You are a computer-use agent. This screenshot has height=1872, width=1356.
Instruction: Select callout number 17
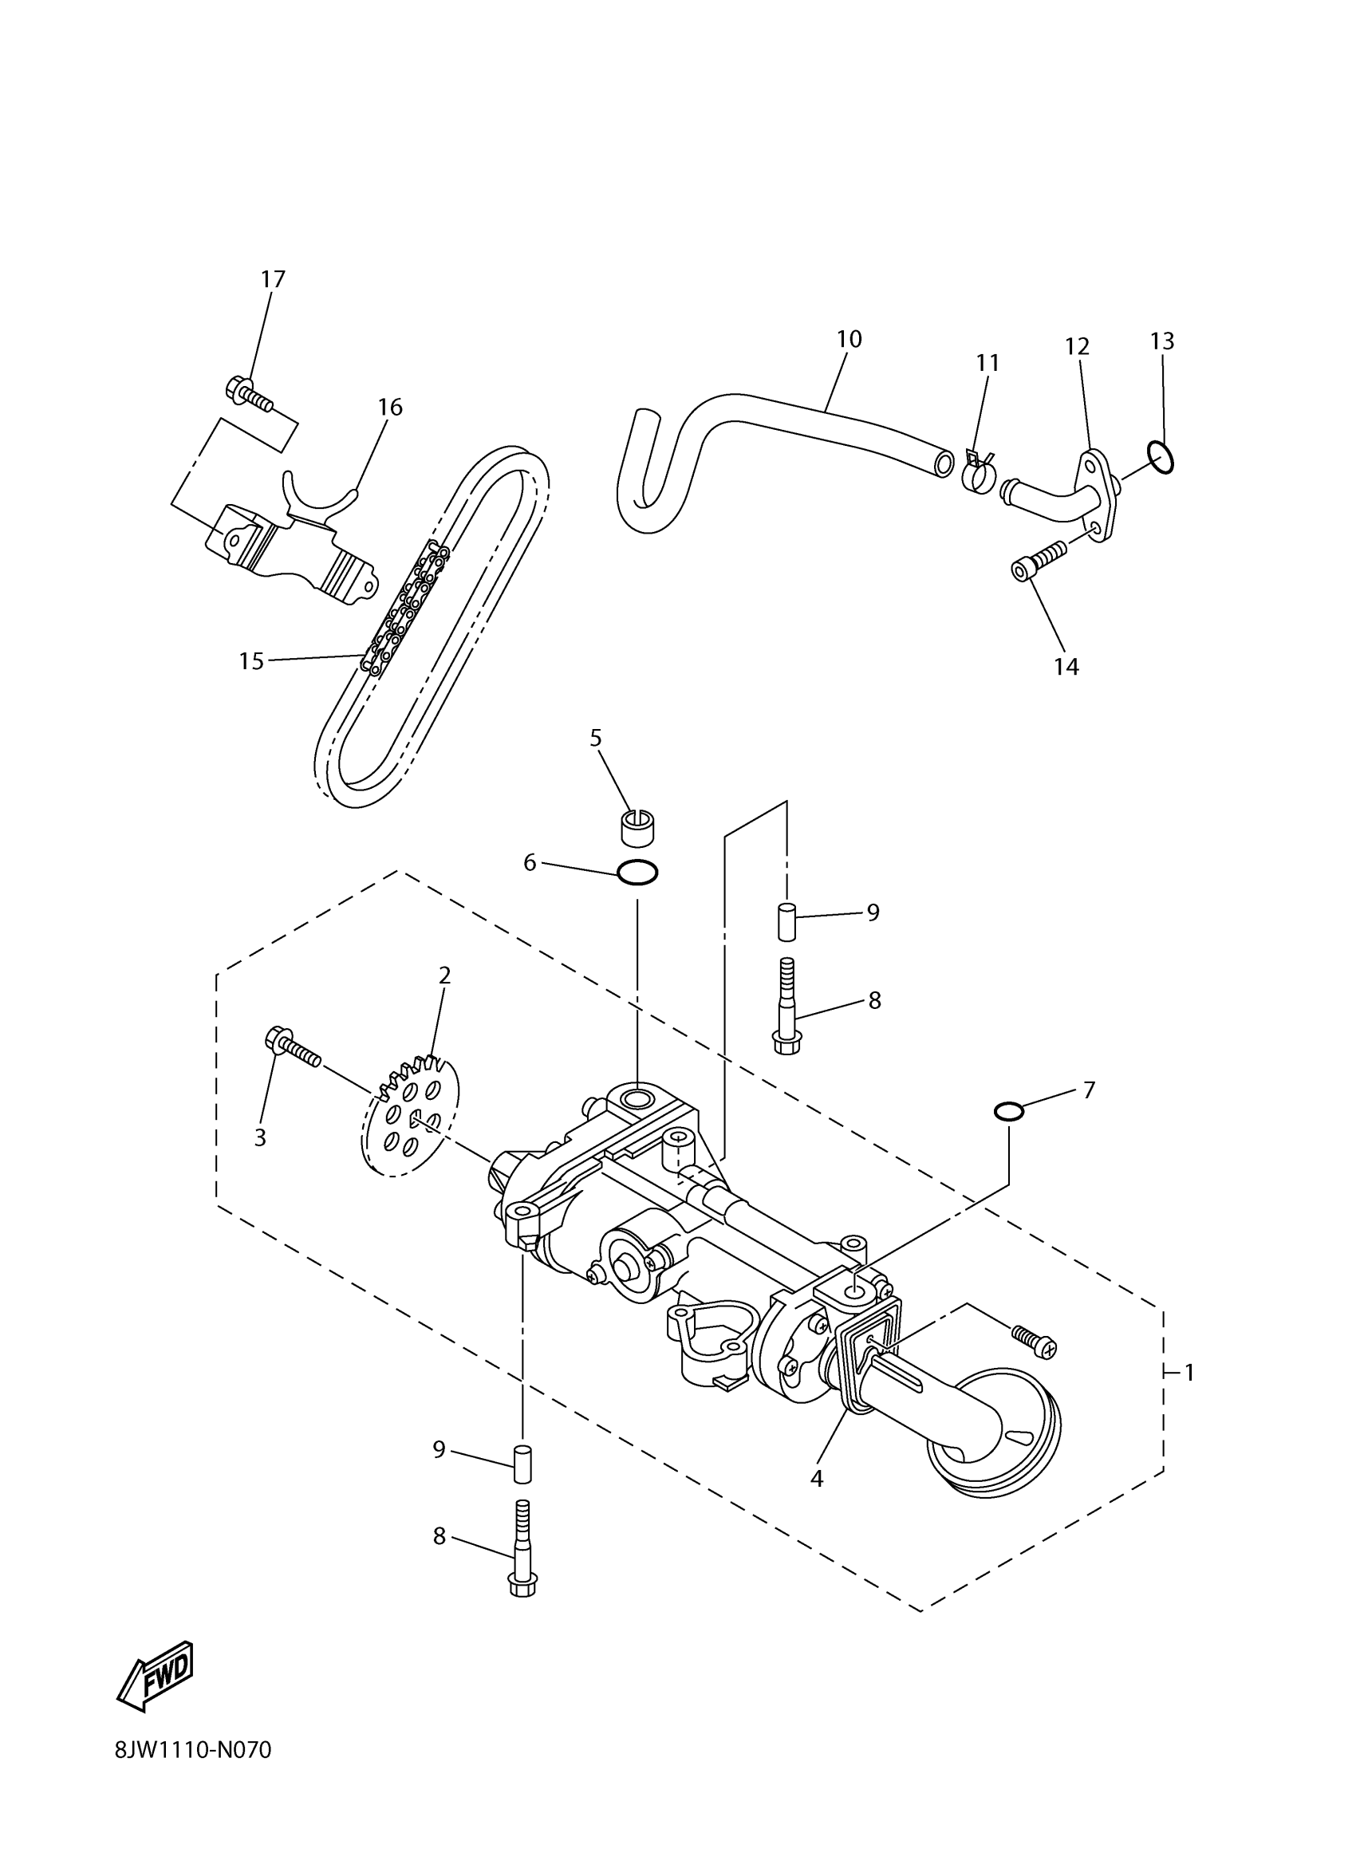(x=272, y=280)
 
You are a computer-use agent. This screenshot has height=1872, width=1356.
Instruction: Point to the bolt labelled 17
(x=246, y=394)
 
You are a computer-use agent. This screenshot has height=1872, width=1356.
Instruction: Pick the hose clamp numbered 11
(x=978, y=471)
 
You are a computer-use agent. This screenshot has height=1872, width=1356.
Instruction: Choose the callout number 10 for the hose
(x=849, y=339)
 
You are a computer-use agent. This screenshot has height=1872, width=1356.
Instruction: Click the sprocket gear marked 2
(x=410, y=1115)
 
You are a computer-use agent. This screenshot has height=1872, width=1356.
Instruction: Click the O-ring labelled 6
(x=637, y=873)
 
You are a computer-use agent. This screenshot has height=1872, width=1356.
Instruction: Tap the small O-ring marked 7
(x=1009, y=1112)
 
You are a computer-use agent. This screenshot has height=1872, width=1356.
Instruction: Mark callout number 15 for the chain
(x=251, y=661)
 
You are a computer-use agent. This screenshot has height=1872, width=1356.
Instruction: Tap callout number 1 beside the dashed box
(x=1189, y=1373)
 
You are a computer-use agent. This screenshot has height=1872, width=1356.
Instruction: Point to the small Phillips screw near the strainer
(x=1034, y=1342)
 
